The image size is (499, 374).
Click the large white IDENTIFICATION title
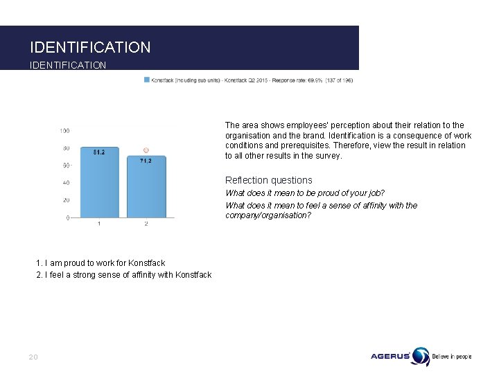(x=90, y=48)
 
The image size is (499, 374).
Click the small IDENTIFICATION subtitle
(x=68, y=65)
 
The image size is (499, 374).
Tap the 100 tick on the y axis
(x=64, y=131)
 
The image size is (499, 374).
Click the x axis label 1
(x=99, y=224)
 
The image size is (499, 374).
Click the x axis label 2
(x=146, y=224)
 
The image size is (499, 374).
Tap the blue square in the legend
(x=146, y=80)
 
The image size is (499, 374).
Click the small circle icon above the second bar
(x=146, y=150)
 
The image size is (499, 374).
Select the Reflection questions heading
(x=269, y=180)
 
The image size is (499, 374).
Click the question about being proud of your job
(x=305, y=193)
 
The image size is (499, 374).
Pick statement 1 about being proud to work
(x=100, y=263)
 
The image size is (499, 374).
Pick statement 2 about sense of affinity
(x=123, y=275)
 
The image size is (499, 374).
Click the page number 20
(x=33, y=357)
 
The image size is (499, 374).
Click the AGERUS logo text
(x=390, y=357)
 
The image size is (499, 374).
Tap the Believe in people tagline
(x=452, y=357)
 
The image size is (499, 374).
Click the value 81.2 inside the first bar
(x=99, y=153)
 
